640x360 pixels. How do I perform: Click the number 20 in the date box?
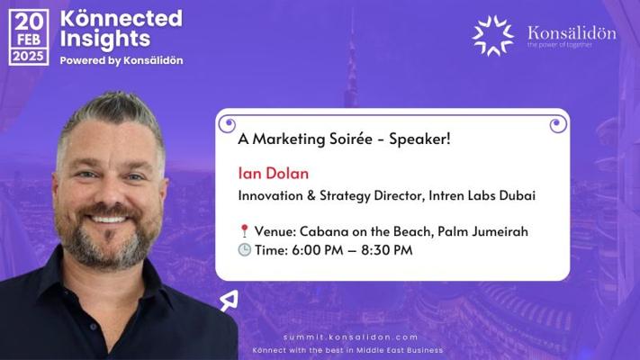click(x=29, y=22)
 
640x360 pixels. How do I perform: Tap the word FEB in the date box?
click(x=29, y=40)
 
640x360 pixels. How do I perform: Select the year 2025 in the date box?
click(x=28, y=57)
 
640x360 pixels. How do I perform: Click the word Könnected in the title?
click(x=122, y=18)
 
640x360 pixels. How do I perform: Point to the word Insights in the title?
click(x=105, y=40)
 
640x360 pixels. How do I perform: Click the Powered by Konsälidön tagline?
click(x=122, y=60)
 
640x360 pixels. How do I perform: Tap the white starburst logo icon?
click(x=492, y=35)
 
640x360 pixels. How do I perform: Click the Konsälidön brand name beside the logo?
click(x=572, y=32)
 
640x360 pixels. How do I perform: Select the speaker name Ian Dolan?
click(x=274, y=174)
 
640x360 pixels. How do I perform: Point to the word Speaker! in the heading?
click(x=419, y=139)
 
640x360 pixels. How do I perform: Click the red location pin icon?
click(x=244, y=231)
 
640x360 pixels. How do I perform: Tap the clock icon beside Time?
click(x=245, y=250)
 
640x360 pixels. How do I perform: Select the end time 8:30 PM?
click(x=387, y=250)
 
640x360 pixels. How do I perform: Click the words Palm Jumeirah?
click(x=482, y=231)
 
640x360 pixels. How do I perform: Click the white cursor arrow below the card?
click(x=229, y=301)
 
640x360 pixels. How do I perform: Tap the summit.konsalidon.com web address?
click(x=351, y=337)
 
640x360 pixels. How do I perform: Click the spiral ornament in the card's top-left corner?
click(x=227, y=123)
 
